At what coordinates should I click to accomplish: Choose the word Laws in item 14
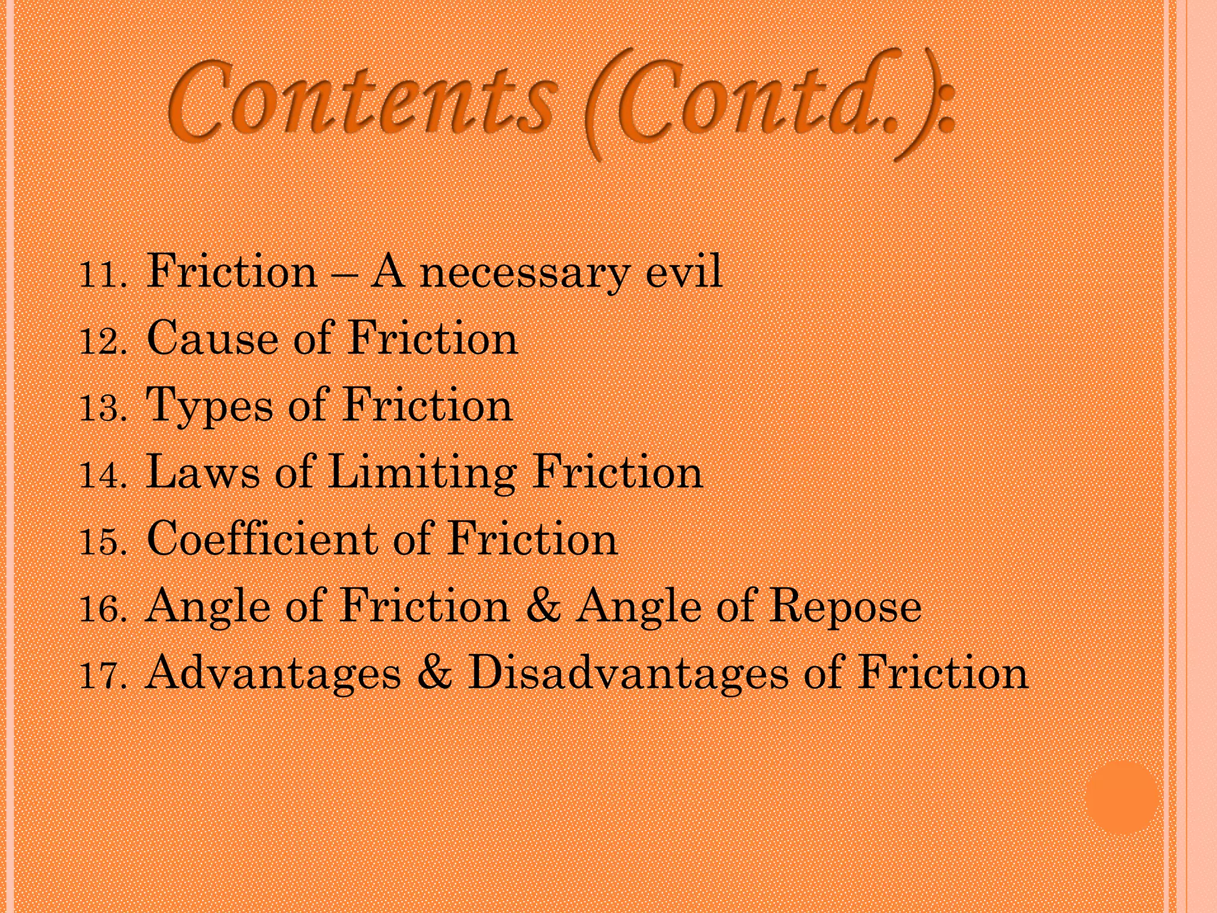(203, 473)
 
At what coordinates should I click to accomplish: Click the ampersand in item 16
(543, 607)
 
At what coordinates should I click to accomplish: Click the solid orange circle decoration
(1121, 797)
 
